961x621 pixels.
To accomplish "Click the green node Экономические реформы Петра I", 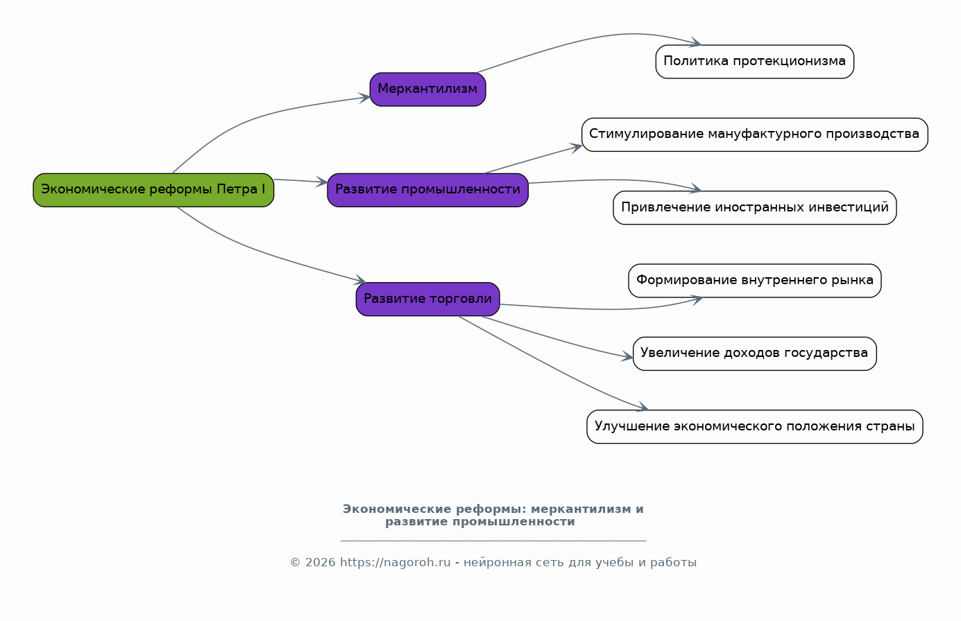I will point(153,190).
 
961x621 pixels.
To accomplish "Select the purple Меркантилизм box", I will point(427,89).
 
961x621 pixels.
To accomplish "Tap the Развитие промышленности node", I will point(427,190).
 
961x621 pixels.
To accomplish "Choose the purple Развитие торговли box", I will point(427,299).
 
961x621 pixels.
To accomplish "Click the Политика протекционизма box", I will point(754,62).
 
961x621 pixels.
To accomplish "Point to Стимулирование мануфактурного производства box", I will point(754,134).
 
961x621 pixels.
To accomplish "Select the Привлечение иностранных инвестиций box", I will point(754,208).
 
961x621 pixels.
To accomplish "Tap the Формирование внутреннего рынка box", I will point(754,281).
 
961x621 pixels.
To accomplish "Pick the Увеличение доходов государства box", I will point(754,353).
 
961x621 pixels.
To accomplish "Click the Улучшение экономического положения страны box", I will point(754,427).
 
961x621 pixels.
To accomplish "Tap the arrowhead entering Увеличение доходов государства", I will point(628,358).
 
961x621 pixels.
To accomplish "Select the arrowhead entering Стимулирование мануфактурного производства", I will point(577,146).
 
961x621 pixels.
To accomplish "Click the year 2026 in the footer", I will point(320,563).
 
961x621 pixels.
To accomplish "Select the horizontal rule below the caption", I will point(493,541).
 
